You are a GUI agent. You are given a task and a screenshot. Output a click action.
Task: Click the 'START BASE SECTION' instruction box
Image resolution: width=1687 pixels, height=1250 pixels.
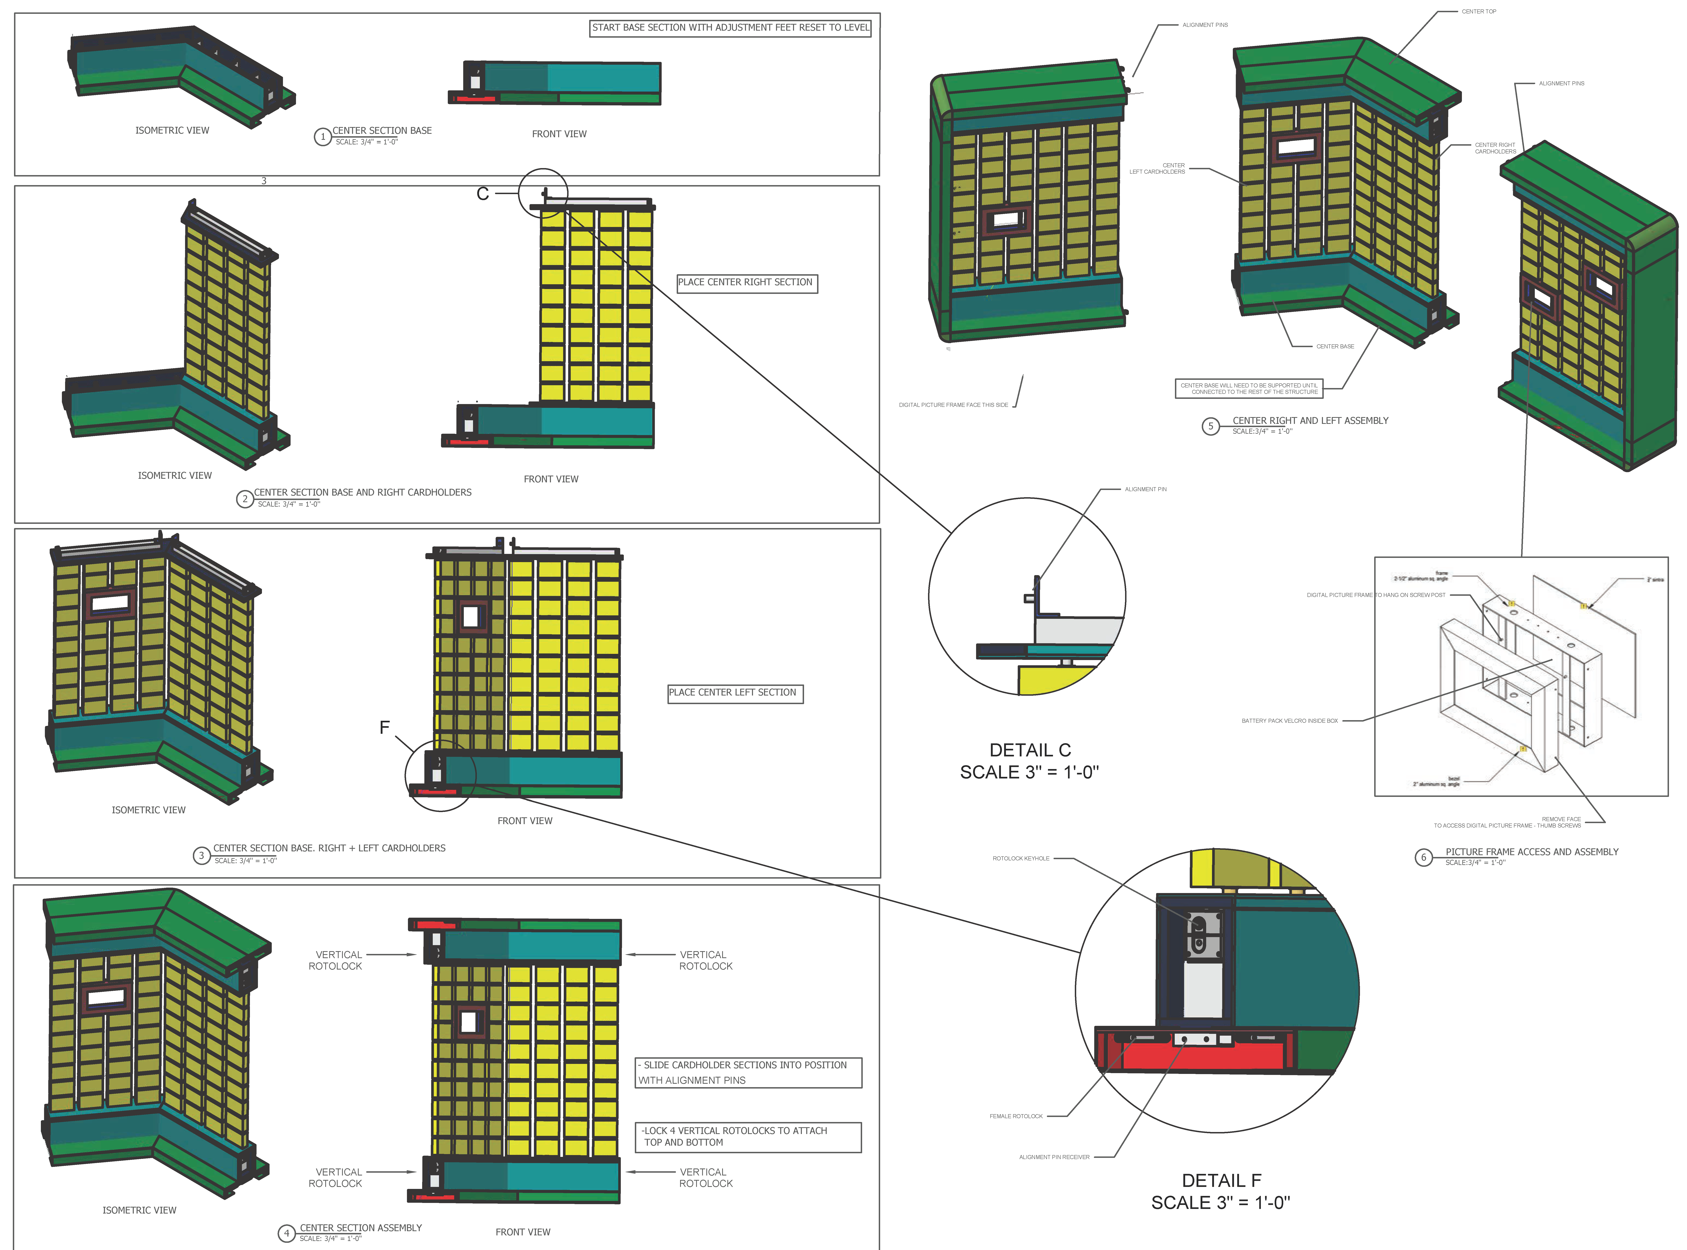(730, 28)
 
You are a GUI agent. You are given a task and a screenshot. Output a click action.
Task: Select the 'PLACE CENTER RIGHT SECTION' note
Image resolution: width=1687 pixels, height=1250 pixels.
(747, 283)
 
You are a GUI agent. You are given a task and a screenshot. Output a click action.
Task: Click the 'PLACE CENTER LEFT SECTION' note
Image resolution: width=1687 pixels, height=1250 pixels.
(735, 693)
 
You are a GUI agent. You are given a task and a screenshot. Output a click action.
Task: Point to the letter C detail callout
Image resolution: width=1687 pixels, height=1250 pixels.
(483, 194)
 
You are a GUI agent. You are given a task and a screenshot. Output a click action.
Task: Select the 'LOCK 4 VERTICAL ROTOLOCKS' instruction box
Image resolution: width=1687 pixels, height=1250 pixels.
(747, 1136)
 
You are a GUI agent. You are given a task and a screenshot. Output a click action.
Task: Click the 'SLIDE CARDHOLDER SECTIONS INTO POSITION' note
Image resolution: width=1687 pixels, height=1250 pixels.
(747, 1072)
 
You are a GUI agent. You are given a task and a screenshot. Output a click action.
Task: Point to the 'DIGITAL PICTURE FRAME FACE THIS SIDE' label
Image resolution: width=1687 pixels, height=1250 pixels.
(953, 405)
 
